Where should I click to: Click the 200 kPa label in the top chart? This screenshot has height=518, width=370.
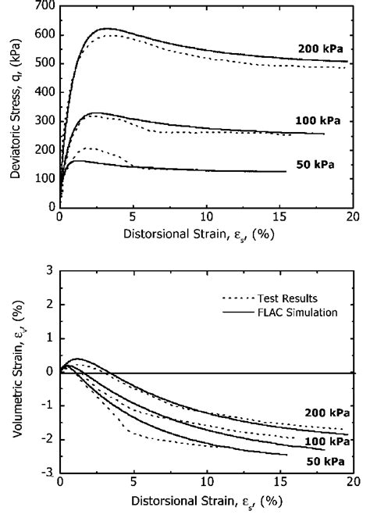click(320, 48)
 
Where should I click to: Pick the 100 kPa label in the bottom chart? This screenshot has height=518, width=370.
click(326, 442)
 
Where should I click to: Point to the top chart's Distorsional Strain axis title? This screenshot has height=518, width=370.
click(205, 232)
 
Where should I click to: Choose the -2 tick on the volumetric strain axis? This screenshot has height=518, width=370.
click(46, 441)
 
